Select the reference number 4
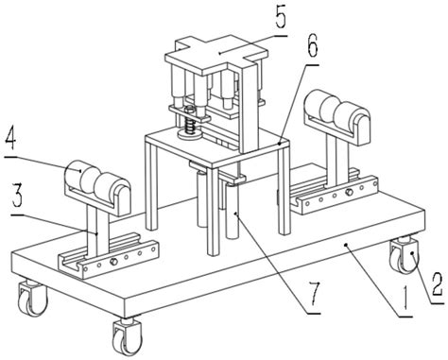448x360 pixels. pos(11,138)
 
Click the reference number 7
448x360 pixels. pos(314,294)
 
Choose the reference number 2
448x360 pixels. pos(438,284)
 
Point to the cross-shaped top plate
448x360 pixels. pos(216,55)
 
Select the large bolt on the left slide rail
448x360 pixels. pos(113,262)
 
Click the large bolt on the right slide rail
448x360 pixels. pos(349,192)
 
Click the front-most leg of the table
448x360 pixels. pos(213,212)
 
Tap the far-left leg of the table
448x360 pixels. pos(151,183)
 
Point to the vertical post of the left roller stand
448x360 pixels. pos(98,226)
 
